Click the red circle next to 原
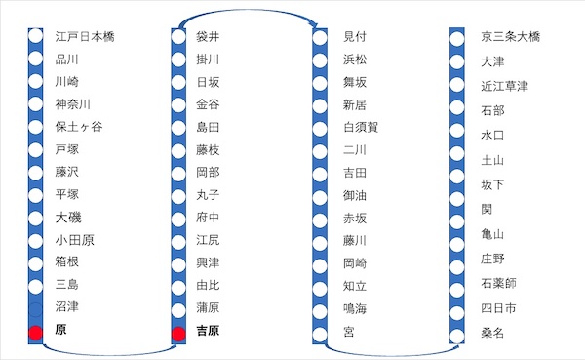36,333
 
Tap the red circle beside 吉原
178,335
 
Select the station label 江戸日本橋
85,37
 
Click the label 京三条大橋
510,37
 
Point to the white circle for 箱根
36,263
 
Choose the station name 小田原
75,240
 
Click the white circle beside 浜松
320,60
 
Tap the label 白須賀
361,128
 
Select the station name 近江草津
504,86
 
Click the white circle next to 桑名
457,336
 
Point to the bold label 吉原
208,331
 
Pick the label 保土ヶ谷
79,127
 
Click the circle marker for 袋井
178,37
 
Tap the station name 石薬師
498,283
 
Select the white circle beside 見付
320,38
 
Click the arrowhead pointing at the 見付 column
315,26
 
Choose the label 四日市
498,308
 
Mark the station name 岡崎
355,263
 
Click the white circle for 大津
457,61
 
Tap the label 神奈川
73,104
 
